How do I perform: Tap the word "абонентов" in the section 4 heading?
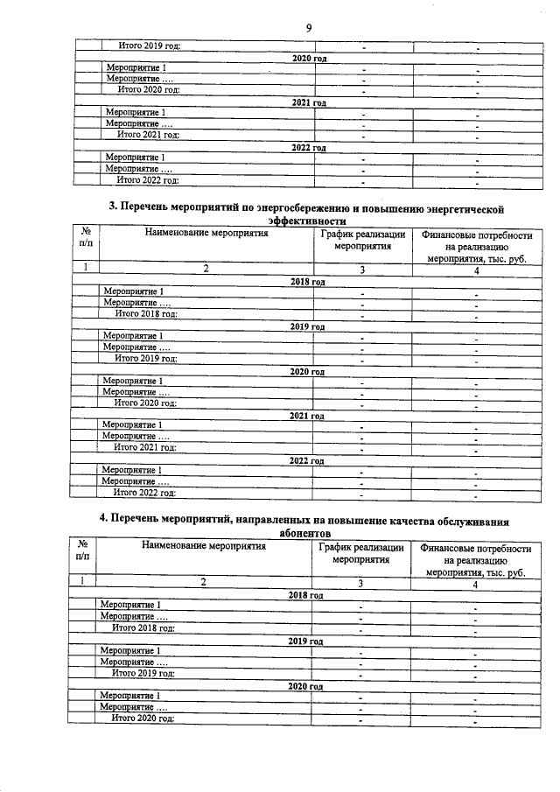[x=303, y=532]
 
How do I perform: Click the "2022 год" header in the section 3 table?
[x=307, y=460]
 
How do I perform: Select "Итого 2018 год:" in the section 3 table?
[x=146, y=313]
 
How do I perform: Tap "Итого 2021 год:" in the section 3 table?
[x=145, y=447]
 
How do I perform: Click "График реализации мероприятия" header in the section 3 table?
[x=362, y=241]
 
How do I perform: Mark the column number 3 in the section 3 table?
[x=360, y=270]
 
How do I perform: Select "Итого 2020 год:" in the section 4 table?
[x=143, y=718]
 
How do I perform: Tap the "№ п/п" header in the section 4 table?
[x=82, y=550]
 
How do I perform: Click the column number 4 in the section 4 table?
[x=475, y=583]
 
